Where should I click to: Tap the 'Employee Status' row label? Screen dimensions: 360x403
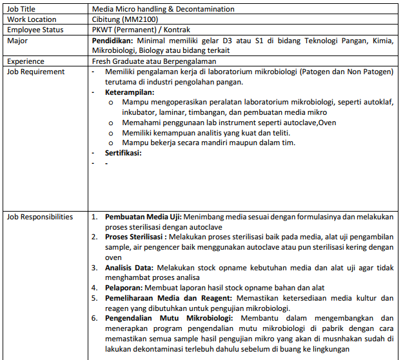(x=35, y=30)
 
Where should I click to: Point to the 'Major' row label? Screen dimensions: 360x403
(x=17, y=41)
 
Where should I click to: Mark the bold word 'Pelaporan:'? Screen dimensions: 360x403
(x=124, y=287)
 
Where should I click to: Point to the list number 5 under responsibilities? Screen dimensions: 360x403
(x=93, y=297)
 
